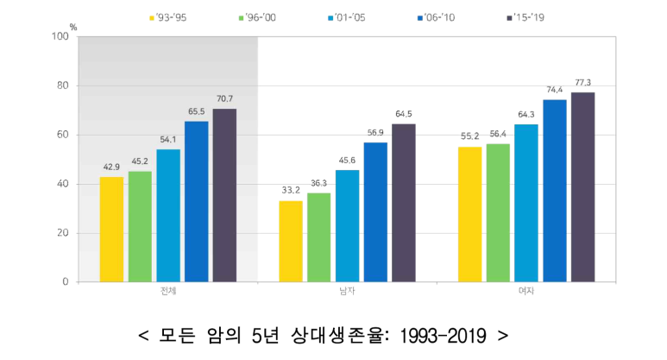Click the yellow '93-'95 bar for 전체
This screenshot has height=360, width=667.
(x=111, y=229)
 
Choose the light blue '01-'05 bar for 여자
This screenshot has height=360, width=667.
(x=526, y=203)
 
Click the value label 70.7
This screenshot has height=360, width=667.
(x=224, y=99)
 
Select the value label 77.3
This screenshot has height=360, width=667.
(x=582, y=83)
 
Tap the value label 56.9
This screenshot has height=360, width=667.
(x=375, y=133)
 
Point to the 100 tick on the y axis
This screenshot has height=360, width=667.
(x=60, y=36)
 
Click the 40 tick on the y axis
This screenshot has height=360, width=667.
(x=62, y=184)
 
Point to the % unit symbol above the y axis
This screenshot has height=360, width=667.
(x=73, y=27)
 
